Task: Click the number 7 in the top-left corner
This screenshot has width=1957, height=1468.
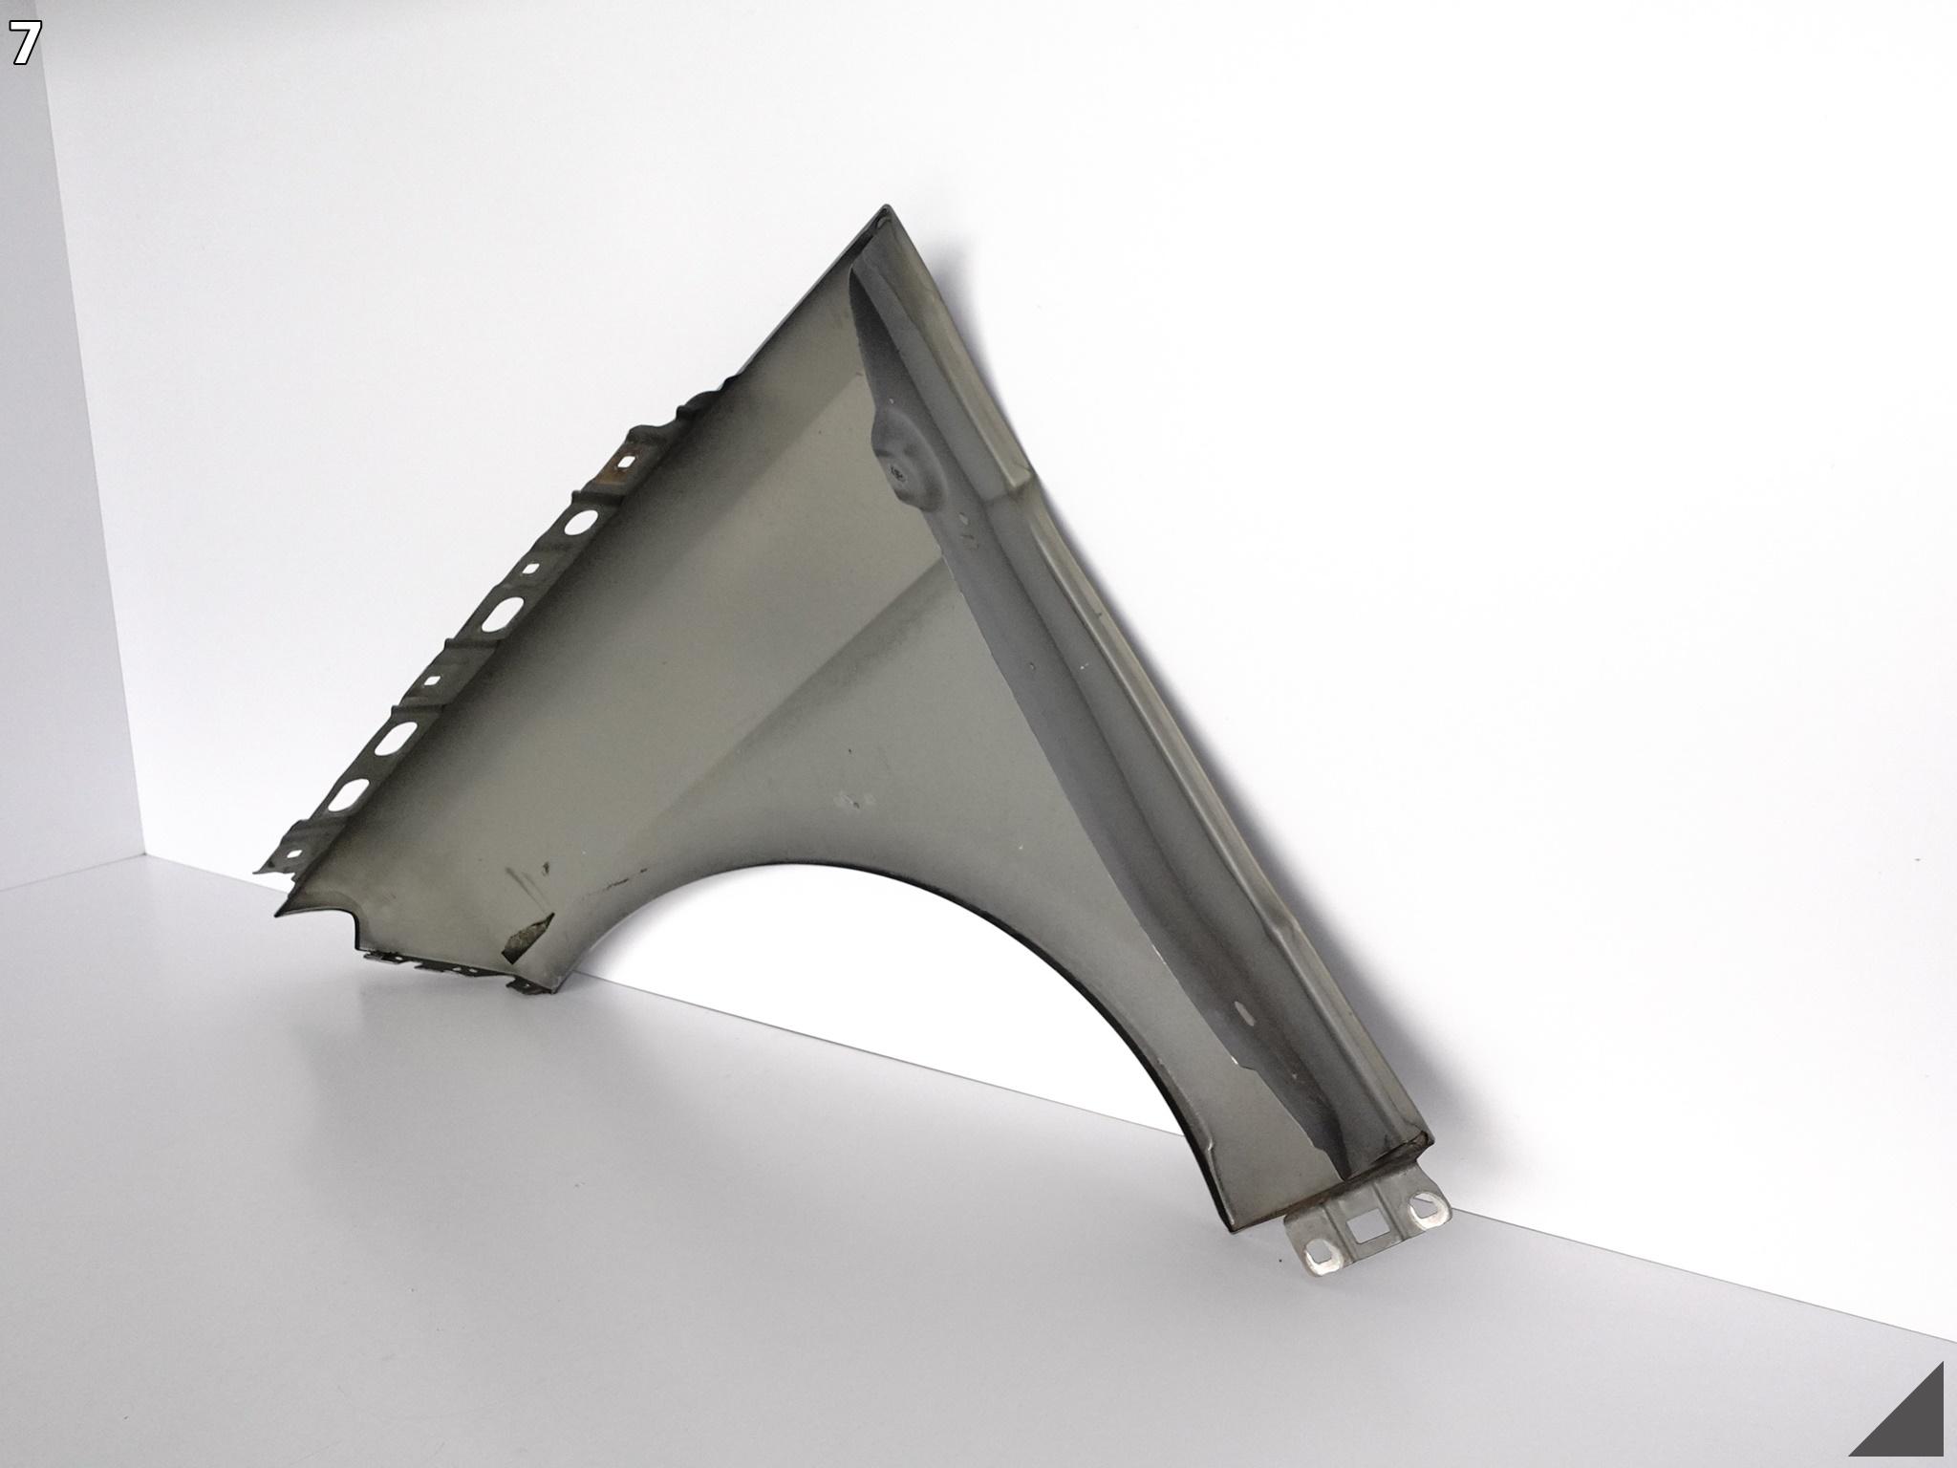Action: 26,44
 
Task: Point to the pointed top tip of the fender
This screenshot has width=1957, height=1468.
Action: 887,207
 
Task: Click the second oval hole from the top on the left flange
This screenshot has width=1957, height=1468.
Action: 501,614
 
